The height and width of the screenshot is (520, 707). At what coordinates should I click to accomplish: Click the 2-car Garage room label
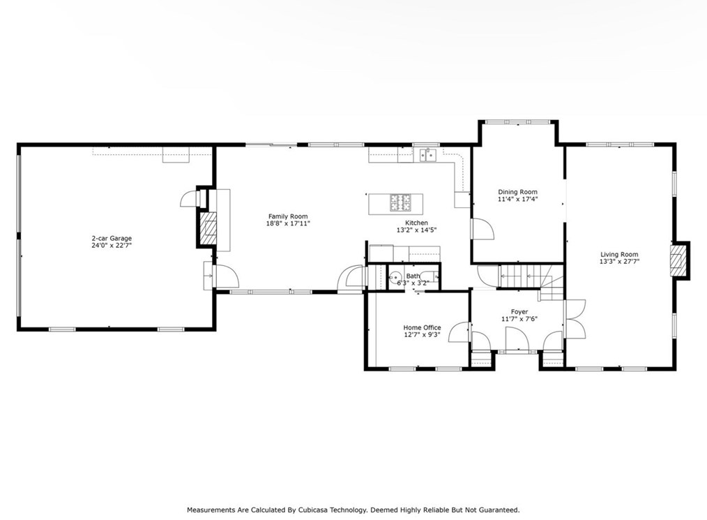point(112,238)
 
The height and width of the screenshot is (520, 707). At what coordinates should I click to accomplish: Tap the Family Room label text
point(288,216)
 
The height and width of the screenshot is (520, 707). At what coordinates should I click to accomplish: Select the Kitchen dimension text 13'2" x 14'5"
point(417,230)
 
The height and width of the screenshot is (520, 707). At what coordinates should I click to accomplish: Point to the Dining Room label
point(517,192)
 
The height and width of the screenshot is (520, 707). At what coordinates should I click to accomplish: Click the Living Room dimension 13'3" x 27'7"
point(620,261)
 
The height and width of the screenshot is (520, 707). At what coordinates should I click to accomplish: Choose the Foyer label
point(519,312)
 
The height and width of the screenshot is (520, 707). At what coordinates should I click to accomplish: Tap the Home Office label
point(422,328)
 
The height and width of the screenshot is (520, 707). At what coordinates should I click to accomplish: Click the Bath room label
point(413,276)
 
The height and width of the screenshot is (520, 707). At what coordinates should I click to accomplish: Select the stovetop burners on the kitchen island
point(400,202)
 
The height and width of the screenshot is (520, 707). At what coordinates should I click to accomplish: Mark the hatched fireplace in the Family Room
point(208,229)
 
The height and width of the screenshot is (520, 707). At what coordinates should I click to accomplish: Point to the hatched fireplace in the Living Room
point(677,261)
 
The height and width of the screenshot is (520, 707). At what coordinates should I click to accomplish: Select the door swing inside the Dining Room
point(482,230)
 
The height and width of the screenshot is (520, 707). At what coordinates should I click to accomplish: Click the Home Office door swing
point(459,333)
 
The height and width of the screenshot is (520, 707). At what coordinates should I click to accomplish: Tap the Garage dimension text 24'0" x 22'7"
point(112,246)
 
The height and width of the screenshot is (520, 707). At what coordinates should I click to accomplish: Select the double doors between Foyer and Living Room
point(575,319)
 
